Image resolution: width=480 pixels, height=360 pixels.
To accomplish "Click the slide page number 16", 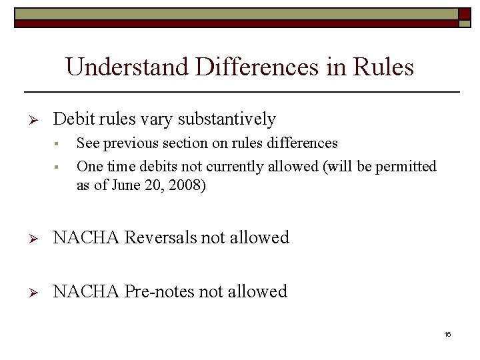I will click(447, 334).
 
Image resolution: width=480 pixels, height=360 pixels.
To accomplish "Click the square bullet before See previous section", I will click(58, 144).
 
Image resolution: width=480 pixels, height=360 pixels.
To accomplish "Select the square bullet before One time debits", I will click(58, 167).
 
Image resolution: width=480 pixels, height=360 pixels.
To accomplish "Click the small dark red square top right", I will click(465, 15).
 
